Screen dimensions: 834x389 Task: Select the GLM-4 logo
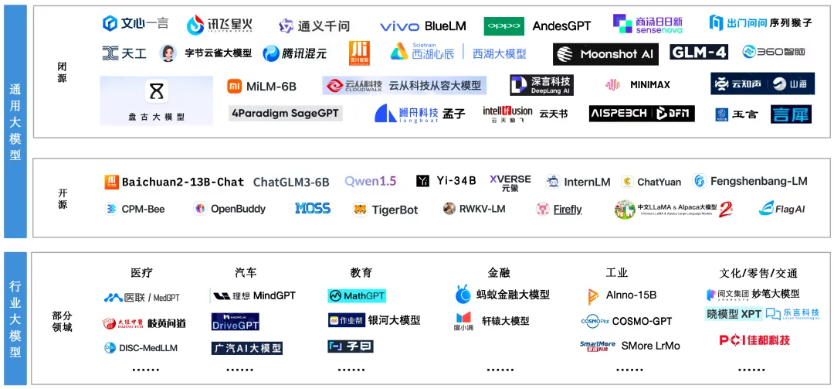pyautogui.click(x=699, y=53)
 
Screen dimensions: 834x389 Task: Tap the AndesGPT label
pyautogui.click(x=561, y=26)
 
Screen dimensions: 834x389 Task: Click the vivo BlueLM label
pyautogui.click(x=423, y=26)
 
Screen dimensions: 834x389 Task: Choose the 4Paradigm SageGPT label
pyautogui.click(x=286, y=113)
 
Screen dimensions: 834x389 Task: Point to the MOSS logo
pyautogui.click(x=313, y=209)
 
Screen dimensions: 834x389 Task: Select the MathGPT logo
pyautogui.click(x=356, y=295)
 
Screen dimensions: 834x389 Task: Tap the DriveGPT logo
pyautogui.click(x=236, y=322)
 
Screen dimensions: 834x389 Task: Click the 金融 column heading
pyautogui.click(x=499, y=272)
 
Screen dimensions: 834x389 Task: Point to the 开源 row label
pyautogui.click(x=63, y=199)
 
